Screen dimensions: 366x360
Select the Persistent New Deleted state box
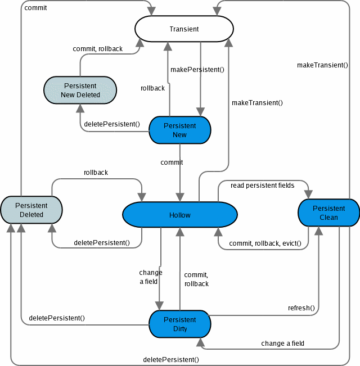(80, 91)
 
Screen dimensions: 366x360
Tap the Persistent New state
(179, 130)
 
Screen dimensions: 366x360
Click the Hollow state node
(180, 215)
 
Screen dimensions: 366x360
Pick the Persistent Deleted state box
(31, 210)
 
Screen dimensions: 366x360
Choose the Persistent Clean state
(329, 213)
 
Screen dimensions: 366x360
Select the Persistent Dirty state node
(179, 324)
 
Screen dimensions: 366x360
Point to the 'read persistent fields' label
(263, 186)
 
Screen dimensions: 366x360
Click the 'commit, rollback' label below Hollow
(196, 279)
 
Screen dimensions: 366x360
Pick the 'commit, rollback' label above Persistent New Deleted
(98, 49)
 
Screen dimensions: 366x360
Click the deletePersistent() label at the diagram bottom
(171, 359)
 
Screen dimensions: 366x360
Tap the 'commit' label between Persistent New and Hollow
(172, 162)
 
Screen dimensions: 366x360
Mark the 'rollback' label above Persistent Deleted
(96, 173)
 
